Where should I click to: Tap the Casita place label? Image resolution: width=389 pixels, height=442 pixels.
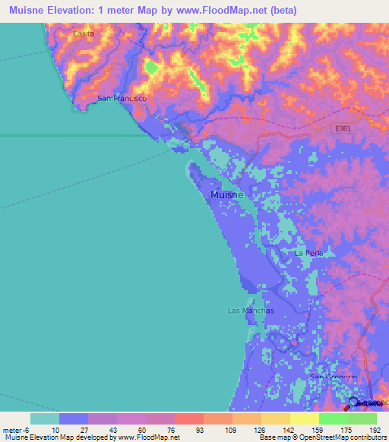click(x=84, y=34)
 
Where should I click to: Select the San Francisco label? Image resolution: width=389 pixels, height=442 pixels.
click(x=122, y=99)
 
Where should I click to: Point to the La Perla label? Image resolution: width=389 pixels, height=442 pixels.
click(x=309, y=252)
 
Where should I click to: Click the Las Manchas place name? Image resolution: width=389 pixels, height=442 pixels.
click(x=245, y=311)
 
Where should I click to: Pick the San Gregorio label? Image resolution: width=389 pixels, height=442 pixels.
click(x=333, y=377)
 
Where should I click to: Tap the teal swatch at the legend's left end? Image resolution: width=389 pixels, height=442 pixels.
click(x=45, y=418)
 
